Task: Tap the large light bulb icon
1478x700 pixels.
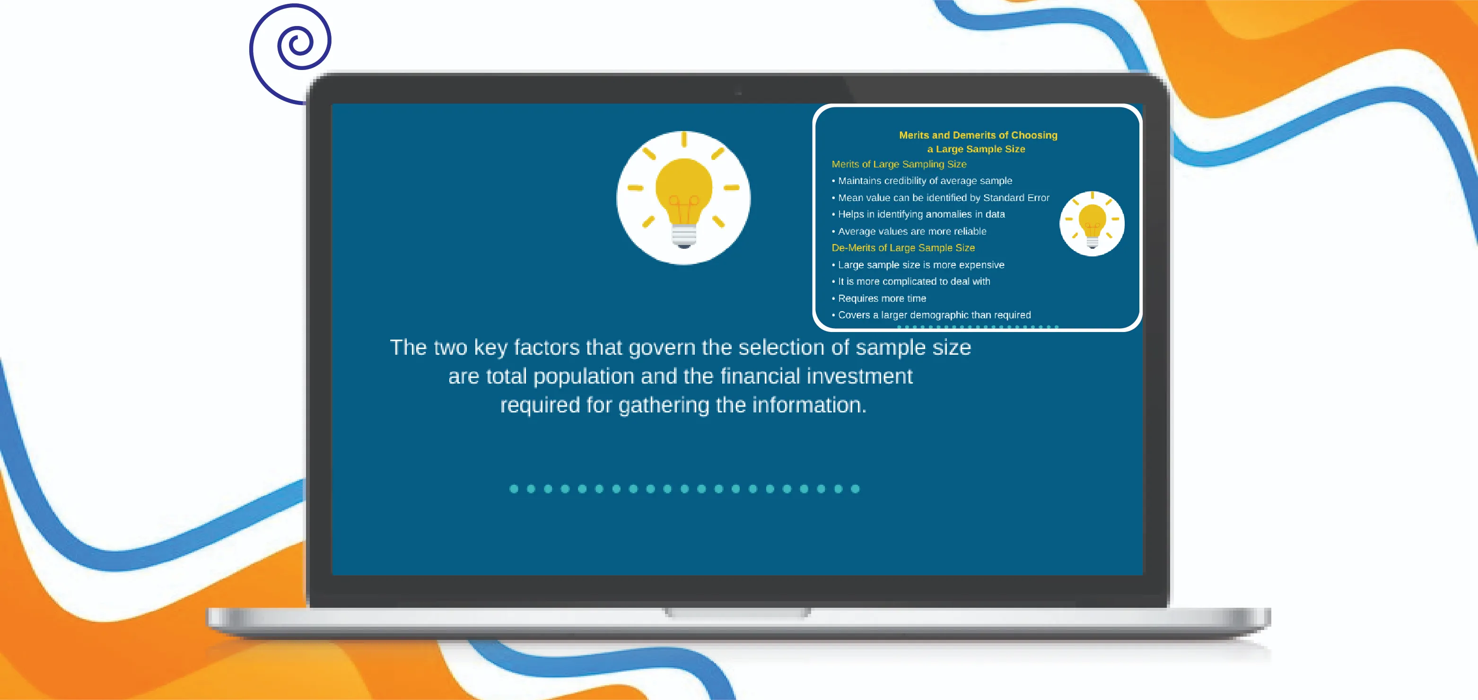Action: (683, 198)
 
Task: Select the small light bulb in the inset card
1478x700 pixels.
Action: (1092, 224)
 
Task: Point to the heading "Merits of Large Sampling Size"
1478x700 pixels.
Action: (899, 164)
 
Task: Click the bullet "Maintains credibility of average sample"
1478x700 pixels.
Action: (922, 181)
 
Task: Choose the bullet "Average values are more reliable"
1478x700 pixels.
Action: (910, 231)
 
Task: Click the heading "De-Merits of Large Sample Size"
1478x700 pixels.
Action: (903, 248)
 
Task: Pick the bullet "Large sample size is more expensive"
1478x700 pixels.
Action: (918, 265)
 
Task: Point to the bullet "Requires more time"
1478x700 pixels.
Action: (879, 298)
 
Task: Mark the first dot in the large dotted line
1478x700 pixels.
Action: (514, 489)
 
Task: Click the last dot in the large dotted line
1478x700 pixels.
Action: (856, 489)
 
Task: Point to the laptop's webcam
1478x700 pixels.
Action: (738, 92)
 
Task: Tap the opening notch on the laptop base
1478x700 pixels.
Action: (738, 613)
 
